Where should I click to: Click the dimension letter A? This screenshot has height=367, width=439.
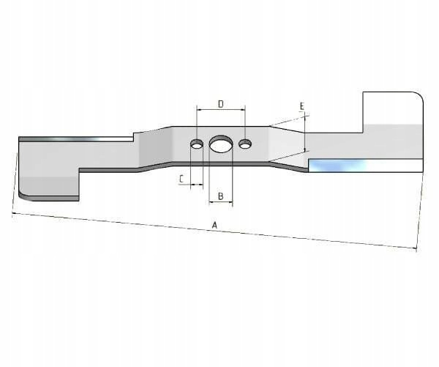click(x=214, y=225)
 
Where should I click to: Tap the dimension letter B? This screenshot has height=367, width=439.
click(x=221, y=196)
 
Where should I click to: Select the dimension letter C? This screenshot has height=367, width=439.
click(x=181, y=179)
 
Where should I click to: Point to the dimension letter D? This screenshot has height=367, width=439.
click(x=221, y=104)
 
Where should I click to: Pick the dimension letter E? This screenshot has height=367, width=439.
click(x=301, y=106)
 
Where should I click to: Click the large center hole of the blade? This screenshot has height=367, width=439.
click(x=221, y=144)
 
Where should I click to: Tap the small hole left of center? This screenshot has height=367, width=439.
click(x=197, y=144)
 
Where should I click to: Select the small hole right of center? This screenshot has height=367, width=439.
click(x=245, y=144)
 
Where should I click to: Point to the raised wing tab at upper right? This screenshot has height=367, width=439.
click(x=393, y=111)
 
